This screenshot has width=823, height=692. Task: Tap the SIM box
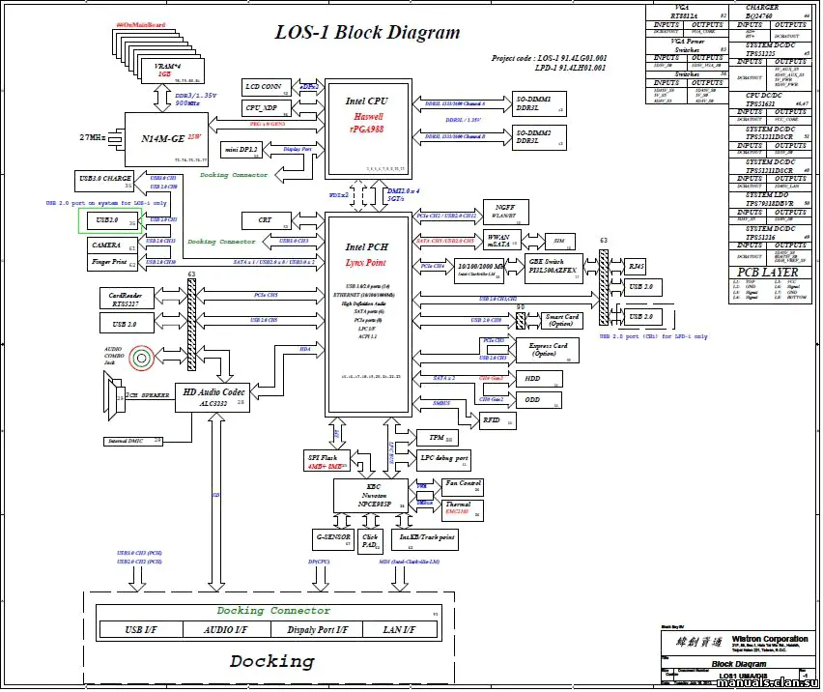pyautogui.click(x=557, y=240)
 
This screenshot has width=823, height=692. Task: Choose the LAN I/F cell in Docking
pyautogui.click(x=398, y=630)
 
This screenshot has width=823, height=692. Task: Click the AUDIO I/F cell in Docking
pyautogui.click(x=228, y=630)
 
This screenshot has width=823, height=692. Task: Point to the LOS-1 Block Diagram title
pyautogui.click(x=369, y=33)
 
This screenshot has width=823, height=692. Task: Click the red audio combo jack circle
pyautogui.click(x=142, y=360)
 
